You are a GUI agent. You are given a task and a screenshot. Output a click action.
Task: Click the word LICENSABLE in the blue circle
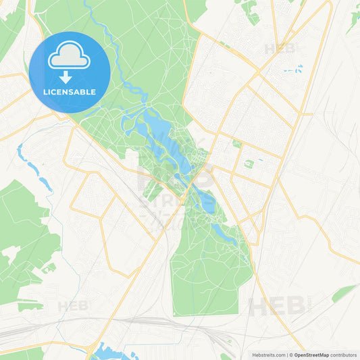(69, 92)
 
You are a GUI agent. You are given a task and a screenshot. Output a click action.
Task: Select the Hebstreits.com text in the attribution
(267, 355)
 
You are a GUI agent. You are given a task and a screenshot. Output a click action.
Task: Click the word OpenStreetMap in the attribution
(311, 355)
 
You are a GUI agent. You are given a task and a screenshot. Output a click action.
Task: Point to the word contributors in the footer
(344, 355)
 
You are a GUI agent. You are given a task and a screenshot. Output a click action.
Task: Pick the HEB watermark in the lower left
(74, 306)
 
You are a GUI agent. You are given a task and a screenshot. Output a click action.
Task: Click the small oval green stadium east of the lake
(249, 163)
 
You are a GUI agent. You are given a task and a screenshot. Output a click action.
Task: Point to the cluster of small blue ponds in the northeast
(294, 69)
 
